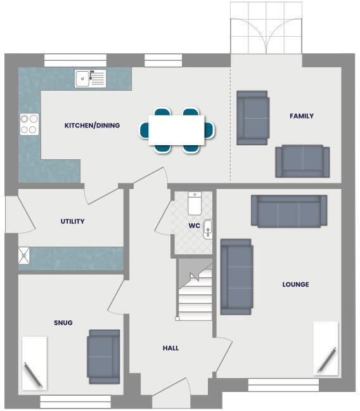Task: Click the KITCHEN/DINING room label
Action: (92, 126)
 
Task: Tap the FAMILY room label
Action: (302, 116)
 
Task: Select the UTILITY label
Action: (72, 221)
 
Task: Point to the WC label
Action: (195, 226)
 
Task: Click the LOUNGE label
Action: (295, 285)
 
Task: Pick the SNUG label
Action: (63, 323)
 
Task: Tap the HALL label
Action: (170, 348)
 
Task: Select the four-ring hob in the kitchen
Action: (29, 124)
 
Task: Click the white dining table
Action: (177, 130)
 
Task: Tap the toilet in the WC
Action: (195, 204)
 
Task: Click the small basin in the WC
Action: (207, 230)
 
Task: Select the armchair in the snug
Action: (103, 356)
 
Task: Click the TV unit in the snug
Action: (34, 363)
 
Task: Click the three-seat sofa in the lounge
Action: (289, 211)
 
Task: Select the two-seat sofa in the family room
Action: (302, 161)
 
